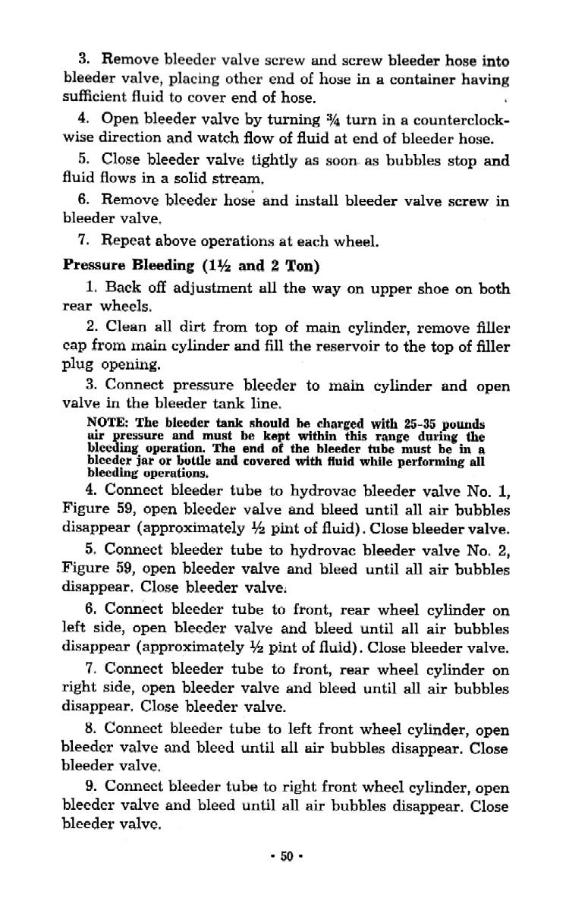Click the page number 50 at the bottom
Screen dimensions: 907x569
tap(286, 856)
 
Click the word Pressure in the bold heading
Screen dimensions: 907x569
tap(91, 265)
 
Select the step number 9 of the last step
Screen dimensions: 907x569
tap(90, 788)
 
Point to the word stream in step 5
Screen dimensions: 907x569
tap(237, 179)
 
